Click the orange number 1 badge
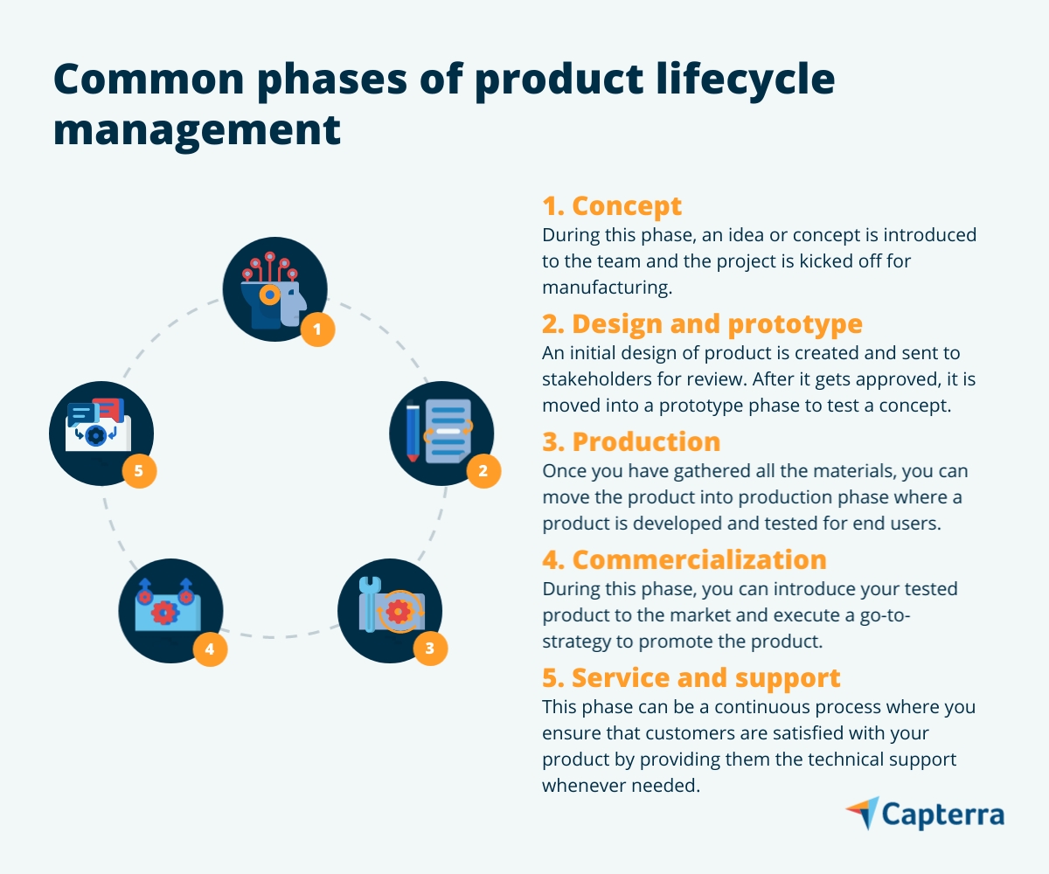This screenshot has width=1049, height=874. (x=317, y=329)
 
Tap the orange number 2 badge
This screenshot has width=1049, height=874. (x=483, y=472)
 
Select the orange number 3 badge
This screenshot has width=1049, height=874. (x=429, y=648)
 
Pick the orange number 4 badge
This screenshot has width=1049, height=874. (x=210, y=649)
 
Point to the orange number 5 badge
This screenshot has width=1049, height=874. (x=139, y=472)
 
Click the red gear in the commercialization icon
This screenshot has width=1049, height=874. (x=164, y=613)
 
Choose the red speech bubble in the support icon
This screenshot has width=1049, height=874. (x=108, y=408)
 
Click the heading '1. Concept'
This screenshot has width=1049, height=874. (x=612, y=206)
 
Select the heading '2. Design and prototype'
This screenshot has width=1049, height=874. (x=702, y=324)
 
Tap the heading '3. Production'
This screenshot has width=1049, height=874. (x=631, y=441)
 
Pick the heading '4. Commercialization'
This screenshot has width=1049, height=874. (x=684, y=559)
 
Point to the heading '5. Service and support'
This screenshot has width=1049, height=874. (x=691, y=677)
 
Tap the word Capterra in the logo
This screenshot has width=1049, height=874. (x=942, y=815)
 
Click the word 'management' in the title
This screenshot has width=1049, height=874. (x=197, y=128)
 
